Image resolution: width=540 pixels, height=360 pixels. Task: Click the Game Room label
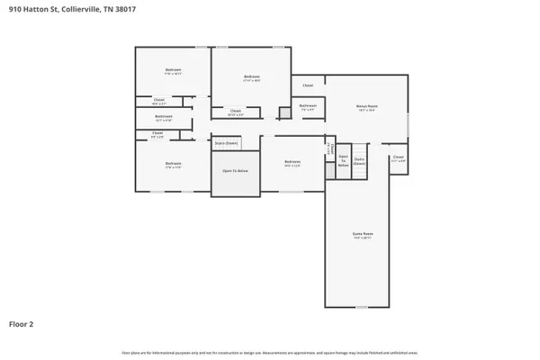click(x=362, y=234)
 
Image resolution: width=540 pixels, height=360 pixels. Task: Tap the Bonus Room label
click(x=366, y=106)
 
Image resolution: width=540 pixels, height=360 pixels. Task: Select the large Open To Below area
click(x=235, y=171)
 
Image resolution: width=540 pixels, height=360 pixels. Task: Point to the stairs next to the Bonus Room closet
click(x=359, y=161)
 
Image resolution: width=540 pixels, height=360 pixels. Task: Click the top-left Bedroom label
click(x=173, y=70)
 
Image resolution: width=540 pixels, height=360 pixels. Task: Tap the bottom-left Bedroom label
click(x=173, y=166)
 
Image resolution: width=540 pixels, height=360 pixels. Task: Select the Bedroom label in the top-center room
click(x=252, y=77)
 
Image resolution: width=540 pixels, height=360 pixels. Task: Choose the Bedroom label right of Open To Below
click(x=293, y=164)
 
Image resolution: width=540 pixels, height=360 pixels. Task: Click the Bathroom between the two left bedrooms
click(x=163, y=117)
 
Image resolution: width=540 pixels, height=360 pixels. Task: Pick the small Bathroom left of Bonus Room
click(x=308, y=106)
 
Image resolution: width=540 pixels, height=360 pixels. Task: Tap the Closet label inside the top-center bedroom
click(x=236, y=112)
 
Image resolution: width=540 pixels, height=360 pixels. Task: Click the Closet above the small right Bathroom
click(x=308, y=85)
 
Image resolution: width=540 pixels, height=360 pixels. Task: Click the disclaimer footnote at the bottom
click(x=270, y=352)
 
